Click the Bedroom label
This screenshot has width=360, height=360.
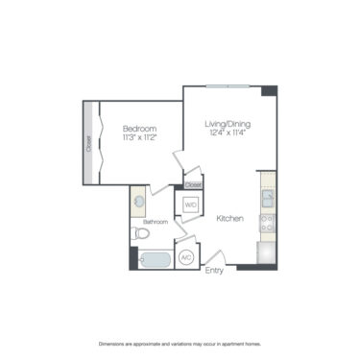[137, 128]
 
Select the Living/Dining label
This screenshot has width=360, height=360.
[227, 124]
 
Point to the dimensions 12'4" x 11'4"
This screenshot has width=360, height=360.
[227, 133]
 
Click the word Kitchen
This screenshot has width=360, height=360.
[228, 219]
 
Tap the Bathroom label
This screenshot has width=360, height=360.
[156, 222]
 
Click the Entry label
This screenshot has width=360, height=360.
[214, 271]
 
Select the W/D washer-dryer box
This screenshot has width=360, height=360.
[189, 204]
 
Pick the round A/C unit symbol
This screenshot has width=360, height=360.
[187, 257]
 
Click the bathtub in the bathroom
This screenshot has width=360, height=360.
[155, 258]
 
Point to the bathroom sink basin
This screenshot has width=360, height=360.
[140, 203]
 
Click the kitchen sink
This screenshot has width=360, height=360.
[268, 200]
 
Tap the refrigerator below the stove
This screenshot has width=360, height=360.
[268, 251]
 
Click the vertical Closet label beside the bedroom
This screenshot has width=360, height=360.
[89, 144]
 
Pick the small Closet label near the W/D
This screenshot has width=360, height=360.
[193, 183]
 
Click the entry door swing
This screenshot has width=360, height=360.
[213, 255]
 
